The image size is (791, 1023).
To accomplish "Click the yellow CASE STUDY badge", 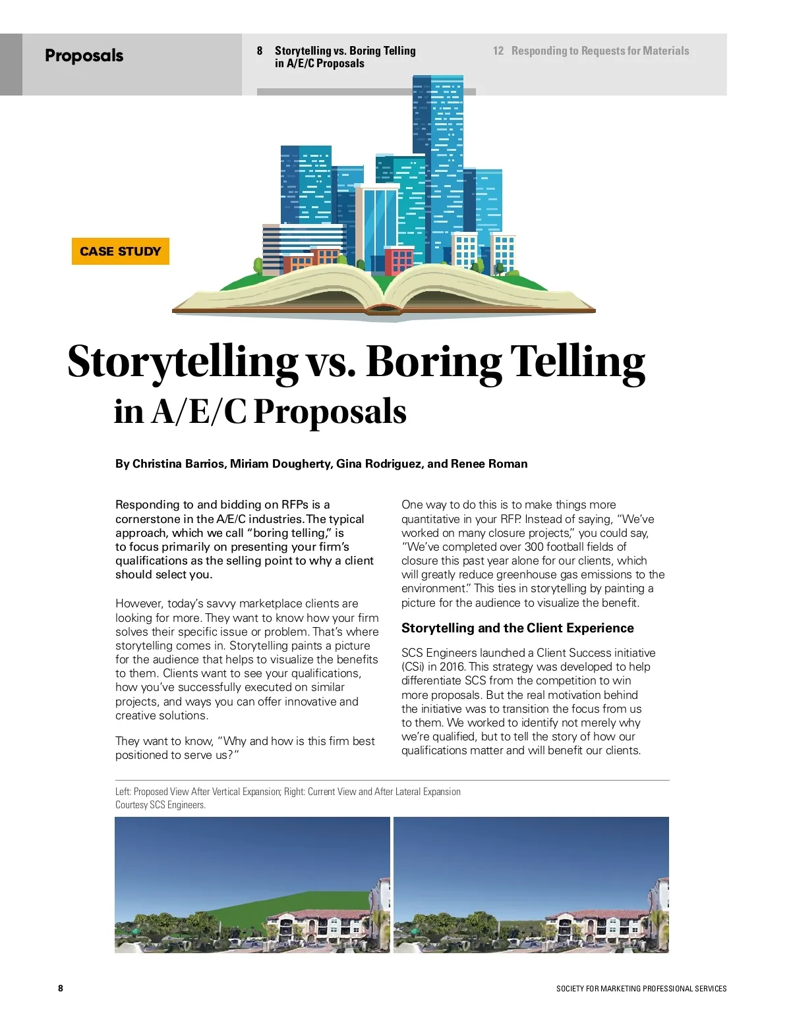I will pos(120,251).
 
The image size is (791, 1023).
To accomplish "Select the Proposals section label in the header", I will pos(84,55).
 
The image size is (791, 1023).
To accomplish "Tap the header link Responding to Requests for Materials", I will pos(600,51).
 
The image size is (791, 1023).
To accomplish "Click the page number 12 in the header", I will pos(498,51).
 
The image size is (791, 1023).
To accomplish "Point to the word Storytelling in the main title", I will pos(183,362).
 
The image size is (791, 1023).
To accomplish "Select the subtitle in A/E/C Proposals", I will pos(260,412).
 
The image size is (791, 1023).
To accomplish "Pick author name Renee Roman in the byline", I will pos(489,464).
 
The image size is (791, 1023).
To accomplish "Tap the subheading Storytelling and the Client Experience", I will pos(517,628).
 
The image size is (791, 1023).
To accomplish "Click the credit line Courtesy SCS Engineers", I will pos(160,805).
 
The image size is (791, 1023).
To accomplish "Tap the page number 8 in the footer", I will pos(61,988).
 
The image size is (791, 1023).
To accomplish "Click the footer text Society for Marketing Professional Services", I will pos(641,989).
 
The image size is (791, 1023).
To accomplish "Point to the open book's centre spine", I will pos(384,300).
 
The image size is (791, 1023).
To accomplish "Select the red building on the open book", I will pos(398,260).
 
